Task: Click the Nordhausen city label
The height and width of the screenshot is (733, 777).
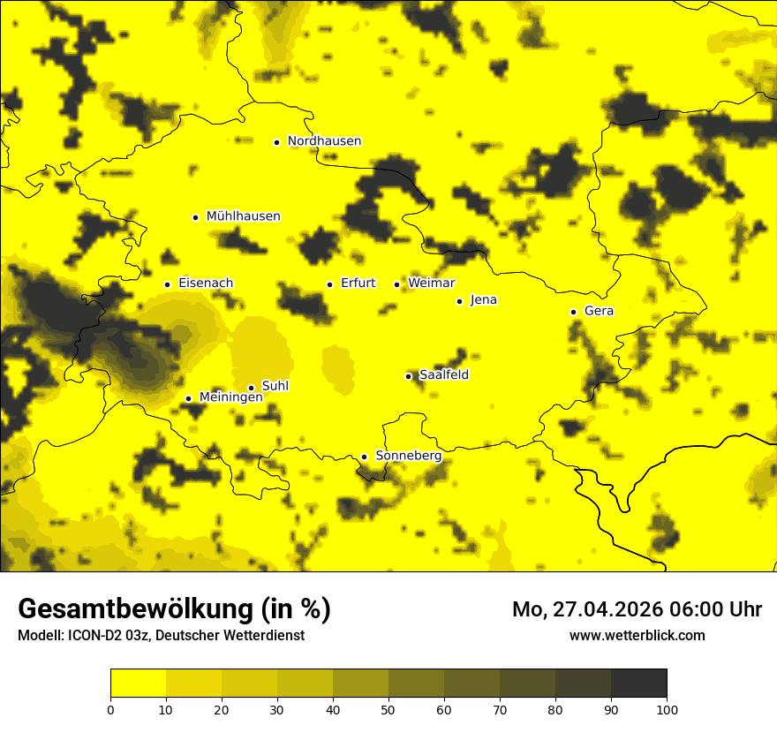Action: (x=324, y=141)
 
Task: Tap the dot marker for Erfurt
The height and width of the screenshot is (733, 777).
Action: (x=329, y=284)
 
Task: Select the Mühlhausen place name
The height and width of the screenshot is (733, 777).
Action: (x=243, y=216)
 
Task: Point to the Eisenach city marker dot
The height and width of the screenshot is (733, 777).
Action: (x=167, y=284)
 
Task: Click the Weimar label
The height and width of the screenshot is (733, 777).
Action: (x=431, y=283)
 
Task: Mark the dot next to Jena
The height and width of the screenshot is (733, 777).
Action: (x=459, y=301)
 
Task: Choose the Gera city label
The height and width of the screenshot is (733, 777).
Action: (x=599, y=312)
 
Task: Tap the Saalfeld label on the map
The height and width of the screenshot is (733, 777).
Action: (x=443, y=375)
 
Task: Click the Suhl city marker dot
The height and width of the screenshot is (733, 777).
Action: (x=251, y=388)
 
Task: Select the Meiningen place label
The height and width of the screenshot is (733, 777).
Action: (x=230, y=397)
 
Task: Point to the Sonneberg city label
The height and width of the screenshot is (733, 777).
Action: (x=408, y=456)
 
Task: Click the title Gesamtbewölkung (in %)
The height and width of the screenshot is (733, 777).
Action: (x=174, y=609)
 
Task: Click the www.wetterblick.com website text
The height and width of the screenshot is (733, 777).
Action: (x=637, y=635)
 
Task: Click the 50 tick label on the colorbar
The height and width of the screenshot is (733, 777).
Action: (x=388, y=709)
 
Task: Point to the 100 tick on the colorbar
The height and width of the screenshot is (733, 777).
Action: (x=667, y=709)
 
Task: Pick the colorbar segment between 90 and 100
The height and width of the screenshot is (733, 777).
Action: (x=638, y=683)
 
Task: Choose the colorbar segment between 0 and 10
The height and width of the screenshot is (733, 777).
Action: (x=138, y=683)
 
